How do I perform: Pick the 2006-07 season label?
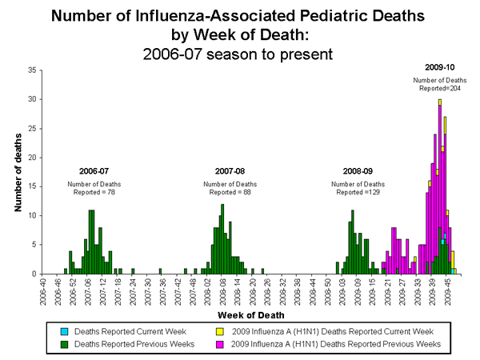94,171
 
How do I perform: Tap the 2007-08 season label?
230,171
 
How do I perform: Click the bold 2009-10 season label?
438,67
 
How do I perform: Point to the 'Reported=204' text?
439,89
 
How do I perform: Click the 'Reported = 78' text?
94,192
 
